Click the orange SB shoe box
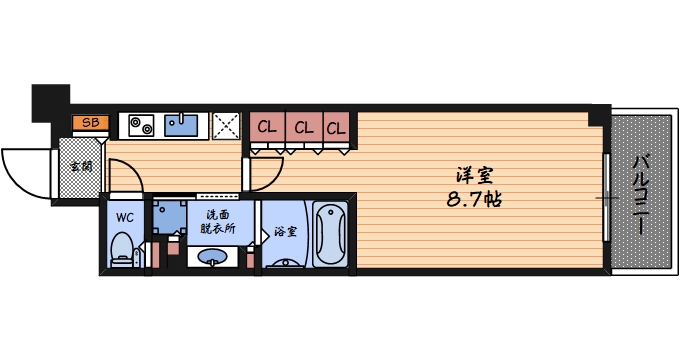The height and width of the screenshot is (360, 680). (x=90, y=123)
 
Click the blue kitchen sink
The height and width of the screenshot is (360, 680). (x=181, y=125)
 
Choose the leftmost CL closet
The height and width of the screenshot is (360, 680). (x=267, y=127)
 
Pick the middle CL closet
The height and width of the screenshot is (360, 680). (x=302, y=127)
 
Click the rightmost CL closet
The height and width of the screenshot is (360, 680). (x=336, y=127)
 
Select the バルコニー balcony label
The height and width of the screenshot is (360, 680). (x=640, y=195)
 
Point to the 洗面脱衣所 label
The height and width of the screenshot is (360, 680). (x=217, y=221)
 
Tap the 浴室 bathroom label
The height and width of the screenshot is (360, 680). (x=285, y=232)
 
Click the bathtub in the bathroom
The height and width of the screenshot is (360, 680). (x=330, y=234)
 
